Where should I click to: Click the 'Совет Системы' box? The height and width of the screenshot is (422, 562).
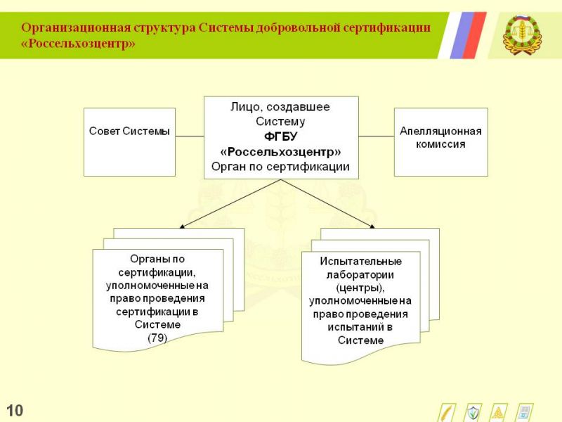coord(129,142)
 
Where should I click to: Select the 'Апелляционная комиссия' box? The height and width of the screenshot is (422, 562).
coord(441,142)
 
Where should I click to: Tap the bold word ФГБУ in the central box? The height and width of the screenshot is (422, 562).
coord(280,136)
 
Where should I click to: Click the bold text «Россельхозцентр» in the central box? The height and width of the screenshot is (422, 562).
coord(280,152)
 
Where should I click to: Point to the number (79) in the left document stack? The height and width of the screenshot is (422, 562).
coord(157,338)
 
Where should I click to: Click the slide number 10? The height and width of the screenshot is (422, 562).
coord(15,411)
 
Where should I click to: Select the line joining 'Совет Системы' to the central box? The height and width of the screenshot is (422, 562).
coord(190,136)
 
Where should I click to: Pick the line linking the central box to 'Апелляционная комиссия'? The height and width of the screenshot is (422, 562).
coord(377,136)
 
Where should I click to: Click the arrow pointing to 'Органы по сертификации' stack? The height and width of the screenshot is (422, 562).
coord(230,203)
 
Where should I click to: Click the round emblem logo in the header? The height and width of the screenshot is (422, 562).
coord(522,34)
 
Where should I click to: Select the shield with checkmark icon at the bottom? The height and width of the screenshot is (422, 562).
coord(473,413)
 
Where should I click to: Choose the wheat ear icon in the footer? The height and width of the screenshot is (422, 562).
coord(447,413)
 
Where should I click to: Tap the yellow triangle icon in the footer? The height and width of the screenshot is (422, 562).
coord(499,413)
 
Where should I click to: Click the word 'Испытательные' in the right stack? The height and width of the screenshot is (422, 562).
coord(360,261)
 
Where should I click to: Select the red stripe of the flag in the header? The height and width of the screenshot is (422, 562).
coord(475,35)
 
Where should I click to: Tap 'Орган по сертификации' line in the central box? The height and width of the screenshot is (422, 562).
coord(280,167)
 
